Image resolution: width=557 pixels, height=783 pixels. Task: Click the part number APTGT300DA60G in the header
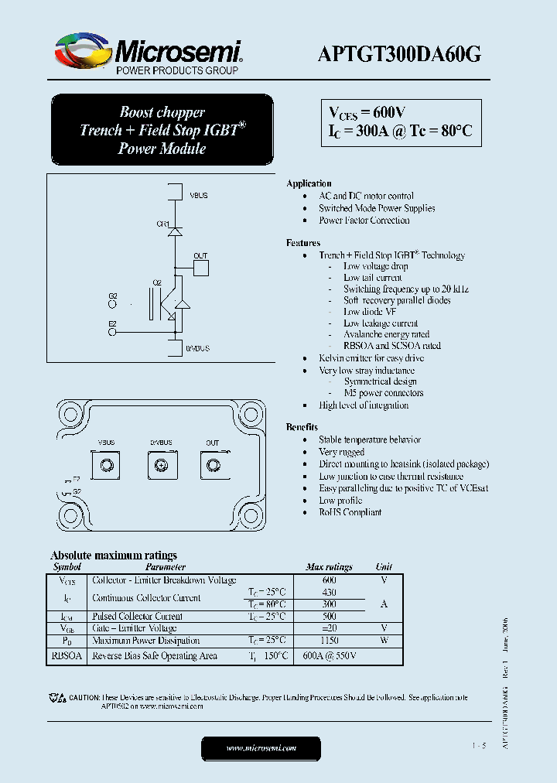click(x=400, y=53)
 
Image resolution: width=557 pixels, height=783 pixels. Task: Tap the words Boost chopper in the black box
click(x=162, y=112)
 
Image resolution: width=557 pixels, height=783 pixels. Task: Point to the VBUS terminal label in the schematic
click(x=198, y=196)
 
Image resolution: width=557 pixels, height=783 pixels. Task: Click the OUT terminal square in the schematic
click(x=200, y=268)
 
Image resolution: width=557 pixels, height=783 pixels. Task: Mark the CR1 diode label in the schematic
click(x=162, y=224)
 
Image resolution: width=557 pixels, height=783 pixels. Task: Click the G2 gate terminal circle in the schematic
click(x=113, y=304)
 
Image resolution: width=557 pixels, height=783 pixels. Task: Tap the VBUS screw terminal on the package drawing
click(x=107, y=465)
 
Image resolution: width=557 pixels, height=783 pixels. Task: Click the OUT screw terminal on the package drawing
click(x=212, y=465)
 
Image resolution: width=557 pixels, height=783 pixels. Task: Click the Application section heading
click(x=309, y=183)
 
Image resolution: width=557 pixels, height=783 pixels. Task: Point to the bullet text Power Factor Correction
click(x=364, y=221)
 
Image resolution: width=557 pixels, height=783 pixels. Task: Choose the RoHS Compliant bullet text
click(x=350, y=512)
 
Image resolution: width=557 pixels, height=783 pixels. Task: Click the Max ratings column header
click(x=329, y=567)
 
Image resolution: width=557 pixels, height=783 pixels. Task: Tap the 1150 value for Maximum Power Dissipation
click(x=329, y=641)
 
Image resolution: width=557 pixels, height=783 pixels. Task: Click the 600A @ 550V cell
click(x=329, y=656)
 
